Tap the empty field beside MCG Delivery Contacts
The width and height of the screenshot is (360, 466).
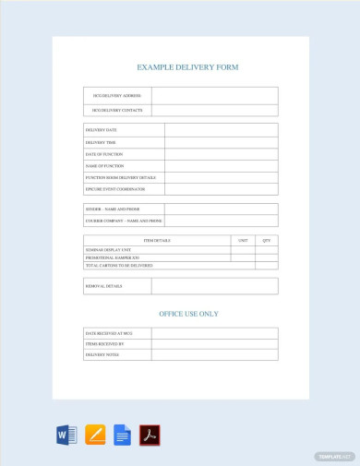pos(214,111)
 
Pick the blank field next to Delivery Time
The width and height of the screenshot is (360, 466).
pos(221,143)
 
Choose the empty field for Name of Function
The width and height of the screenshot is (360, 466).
pos(221,166)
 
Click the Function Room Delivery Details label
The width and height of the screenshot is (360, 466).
pos(120,177)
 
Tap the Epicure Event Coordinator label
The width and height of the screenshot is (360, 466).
pos(117,189)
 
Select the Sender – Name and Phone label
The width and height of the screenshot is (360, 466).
pos(113,209)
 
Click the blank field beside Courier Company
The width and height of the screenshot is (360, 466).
pos(221,221)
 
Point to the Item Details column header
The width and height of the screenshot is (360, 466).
pos(156,240)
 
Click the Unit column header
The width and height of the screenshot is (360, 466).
pos(243,240)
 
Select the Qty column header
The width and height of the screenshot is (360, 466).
pos(267,240)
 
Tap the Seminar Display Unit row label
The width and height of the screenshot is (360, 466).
pos(110,249)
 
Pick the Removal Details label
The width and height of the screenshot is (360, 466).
pos(103,286)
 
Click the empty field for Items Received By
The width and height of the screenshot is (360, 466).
pos(214,343)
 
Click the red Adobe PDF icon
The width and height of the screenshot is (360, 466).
pos(150,435)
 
